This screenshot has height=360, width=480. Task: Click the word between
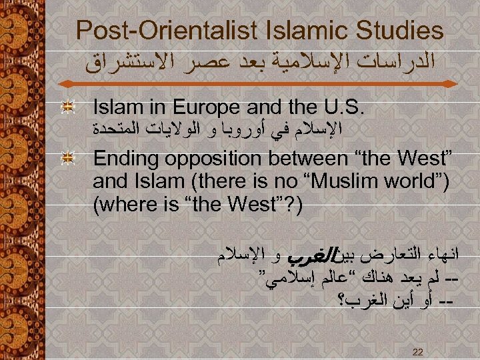tap(304, 161)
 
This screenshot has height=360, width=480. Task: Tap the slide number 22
tap(418, 351)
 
